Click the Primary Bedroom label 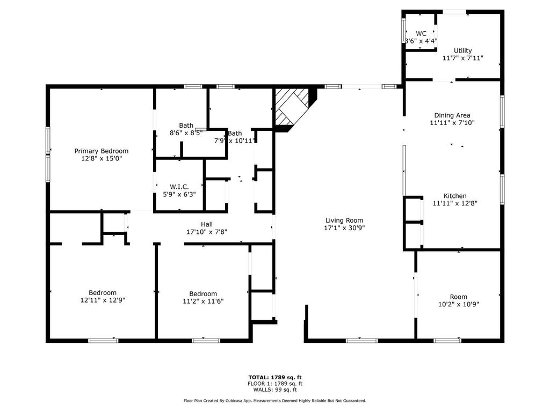point(102,151)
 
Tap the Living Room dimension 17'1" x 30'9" point(344,228)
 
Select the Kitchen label point(455,196)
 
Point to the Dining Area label point(452,115)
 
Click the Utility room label point(462,51)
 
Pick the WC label point(421,34)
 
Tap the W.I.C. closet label point(179,187)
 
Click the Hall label point(207,224)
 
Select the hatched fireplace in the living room point(292,107)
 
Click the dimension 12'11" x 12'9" point(103,300)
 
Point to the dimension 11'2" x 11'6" point(203,301)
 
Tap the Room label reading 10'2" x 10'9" point(459,297)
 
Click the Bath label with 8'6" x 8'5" point(186,126)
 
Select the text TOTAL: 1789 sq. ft point(275,377)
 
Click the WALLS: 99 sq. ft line point(275,389)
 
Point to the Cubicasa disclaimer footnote point(275,400)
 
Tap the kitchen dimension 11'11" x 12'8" point(455,203)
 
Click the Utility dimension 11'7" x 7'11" point(462,58)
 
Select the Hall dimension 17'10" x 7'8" point(207,232)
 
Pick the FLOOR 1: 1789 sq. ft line point(275,384)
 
